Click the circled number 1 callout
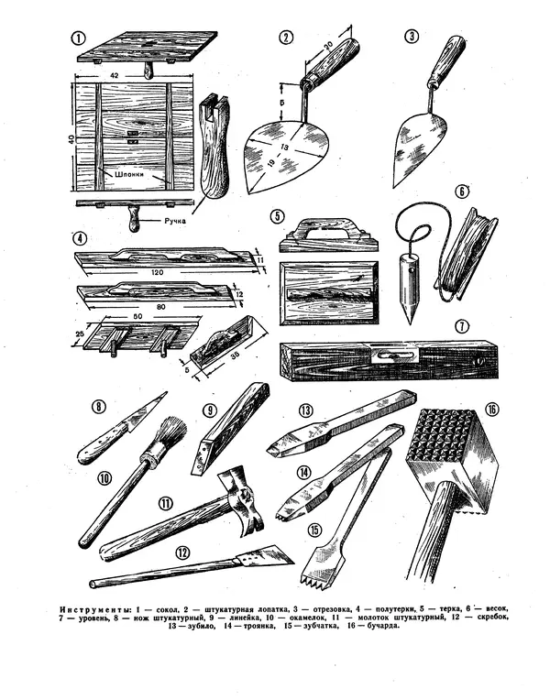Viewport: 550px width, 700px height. [78, 38]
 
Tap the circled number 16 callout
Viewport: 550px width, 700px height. [492, 410]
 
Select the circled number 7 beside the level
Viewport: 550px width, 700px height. [462, 327]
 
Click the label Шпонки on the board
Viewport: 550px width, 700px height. [129, 174]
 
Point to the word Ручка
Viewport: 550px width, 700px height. [175, 221]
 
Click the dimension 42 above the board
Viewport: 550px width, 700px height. [114, 76]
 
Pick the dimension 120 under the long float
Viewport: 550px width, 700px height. [158, 272]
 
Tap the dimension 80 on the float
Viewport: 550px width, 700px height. [161, 307]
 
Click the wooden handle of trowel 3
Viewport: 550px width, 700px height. [446, 60]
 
